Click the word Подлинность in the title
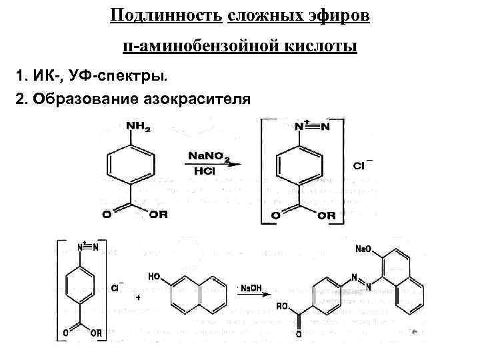[x=166, y=15]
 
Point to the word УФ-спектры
[x=102, y=73]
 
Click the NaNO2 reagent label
[x=208, y=155]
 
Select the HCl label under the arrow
[x=205, y=171]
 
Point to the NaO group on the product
[x=364, y=249]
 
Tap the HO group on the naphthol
[x=154, y=274]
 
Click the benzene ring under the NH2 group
[x=131, y=167]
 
